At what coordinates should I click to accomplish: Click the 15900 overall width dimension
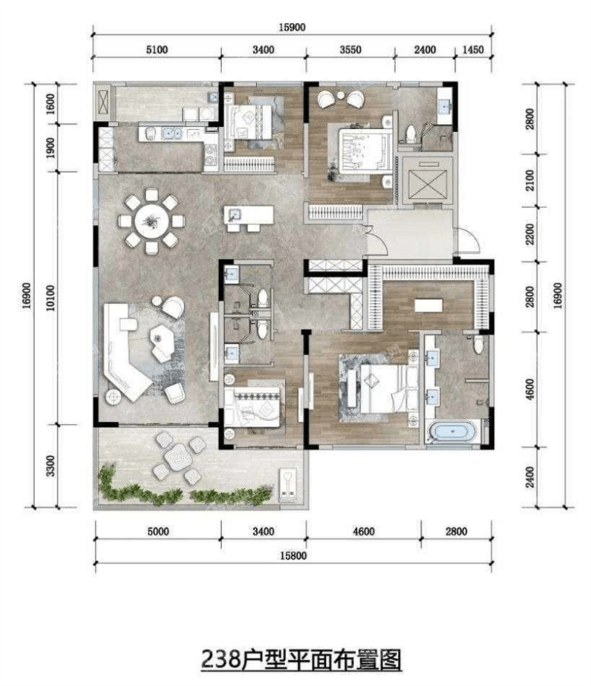pos(292,27)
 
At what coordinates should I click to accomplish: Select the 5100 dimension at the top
pos(157,50)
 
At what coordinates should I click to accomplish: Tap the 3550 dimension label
pos(350,50)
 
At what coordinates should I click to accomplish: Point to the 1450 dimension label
pos(472,50)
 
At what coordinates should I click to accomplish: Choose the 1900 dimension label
pos(51,148)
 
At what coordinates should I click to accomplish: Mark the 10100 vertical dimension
pos(51,298)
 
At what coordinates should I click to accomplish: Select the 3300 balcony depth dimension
pos(51,466)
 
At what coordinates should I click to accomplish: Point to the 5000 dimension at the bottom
pos(157,531)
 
